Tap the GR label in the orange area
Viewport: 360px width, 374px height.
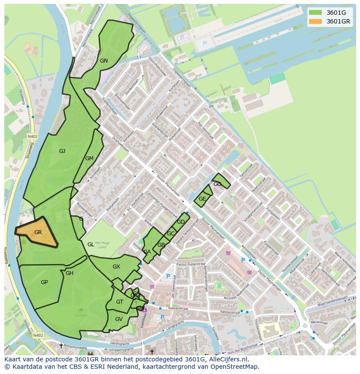point(38,232)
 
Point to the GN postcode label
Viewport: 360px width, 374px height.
point(103,61)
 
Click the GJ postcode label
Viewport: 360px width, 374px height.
point(62,151)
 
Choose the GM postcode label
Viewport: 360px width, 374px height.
point(89,159)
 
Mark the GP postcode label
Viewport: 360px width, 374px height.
point(44,282)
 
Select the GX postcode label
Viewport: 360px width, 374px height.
point(116,267)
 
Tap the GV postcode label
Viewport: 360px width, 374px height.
point(119,319)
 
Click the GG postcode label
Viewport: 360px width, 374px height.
point(217,184)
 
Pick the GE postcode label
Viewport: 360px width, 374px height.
point(202,199)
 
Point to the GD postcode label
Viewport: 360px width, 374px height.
point(181,222)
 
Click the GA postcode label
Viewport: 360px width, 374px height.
point(147,252)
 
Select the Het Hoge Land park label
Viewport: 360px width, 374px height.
point(100,245)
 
